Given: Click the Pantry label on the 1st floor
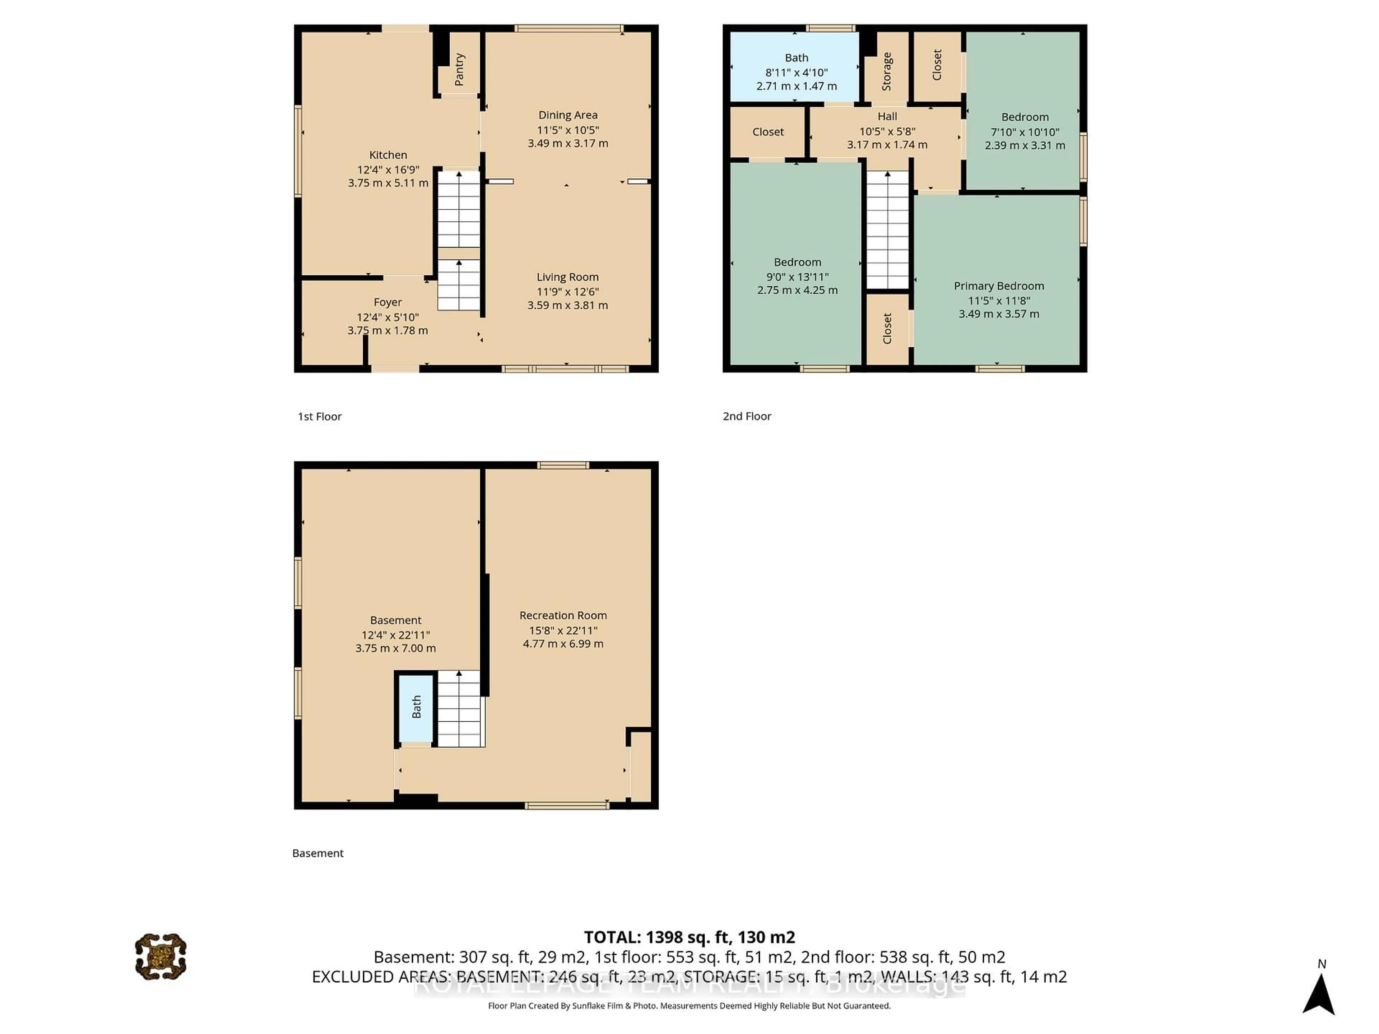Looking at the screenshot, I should point(459,69).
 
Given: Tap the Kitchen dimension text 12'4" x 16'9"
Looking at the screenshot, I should point(388,169).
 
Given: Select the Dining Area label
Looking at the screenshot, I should point(567,115).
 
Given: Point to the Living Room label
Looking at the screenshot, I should point(567,277).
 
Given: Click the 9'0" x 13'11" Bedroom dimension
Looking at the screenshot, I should point(797,277).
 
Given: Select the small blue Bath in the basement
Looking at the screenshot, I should point(416,708).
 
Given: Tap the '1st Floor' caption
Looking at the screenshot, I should point(319,416).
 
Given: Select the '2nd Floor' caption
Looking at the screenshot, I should point(746,416).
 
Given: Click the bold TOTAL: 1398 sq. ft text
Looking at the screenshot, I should point(689,937).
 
